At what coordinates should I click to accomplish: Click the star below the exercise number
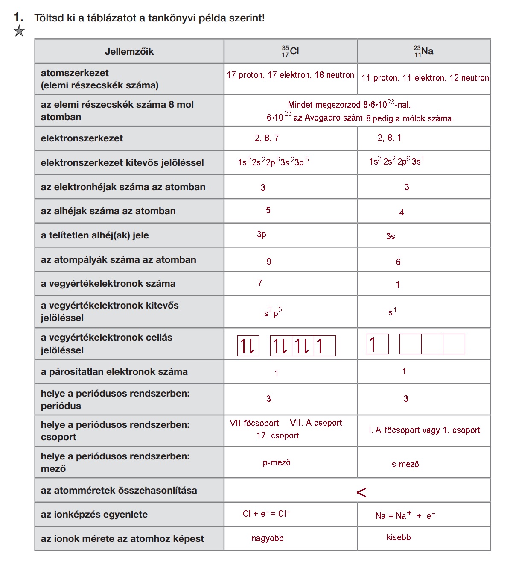click(x=19, y=31)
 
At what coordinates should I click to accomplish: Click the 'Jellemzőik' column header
click(x=129, y=52)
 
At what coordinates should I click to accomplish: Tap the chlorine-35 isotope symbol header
click(x=290, y=51)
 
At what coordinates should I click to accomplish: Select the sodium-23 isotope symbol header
click(x=423, y=51)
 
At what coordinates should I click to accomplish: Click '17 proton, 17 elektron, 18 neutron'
click(x=290, y=75)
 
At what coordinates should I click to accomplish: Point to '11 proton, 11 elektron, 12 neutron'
click(x=425, y=78)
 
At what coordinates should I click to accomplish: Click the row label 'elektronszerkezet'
click(x=82, y=138)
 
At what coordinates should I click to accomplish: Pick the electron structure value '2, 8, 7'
click(x=267, y=138)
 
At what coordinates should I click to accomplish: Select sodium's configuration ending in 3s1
click(x=396, y=162)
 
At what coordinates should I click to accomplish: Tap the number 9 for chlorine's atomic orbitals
click(x=269, y=262)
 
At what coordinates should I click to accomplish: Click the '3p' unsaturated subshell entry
click(x=262, y=234)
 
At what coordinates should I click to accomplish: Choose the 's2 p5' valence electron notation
click(x=273, y=313)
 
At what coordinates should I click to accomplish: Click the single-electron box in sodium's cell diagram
click(x=377, y=344)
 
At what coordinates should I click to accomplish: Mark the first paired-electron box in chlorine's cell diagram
click(x=248, y=346)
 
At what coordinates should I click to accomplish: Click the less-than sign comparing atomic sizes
click(x=361, y=493)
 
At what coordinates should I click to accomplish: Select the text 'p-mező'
click(x=277, y=463)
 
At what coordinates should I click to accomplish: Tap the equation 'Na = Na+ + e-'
click(x=405, y=515)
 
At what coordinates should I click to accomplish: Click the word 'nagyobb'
click(x=268, y=538)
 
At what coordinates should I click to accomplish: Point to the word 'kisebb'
click(x=399, y=538)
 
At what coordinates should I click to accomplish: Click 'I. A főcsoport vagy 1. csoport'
click(x=424, y=430)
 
